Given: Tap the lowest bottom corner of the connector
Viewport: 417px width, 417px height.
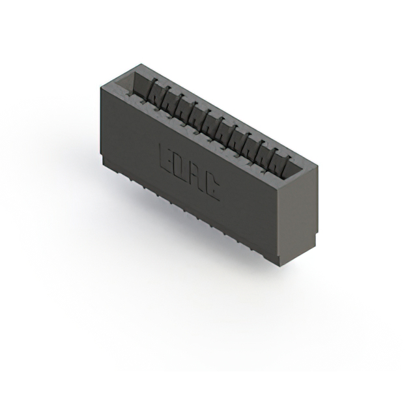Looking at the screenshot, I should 281,265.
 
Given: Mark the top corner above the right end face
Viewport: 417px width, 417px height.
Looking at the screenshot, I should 317,164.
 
